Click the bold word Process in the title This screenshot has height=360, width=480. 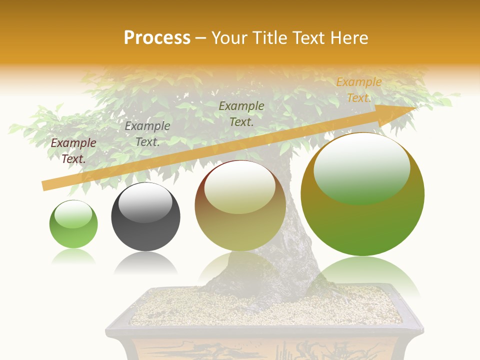click(157, 38)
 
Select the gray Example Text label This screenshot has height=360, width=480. click(147, 134)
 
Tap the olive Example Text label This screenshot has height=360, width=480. click(241, 113)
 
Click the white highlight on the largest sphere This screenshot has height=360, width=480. click(361, 160)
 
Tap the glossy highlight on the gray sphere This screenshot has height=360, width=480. click(145, 201)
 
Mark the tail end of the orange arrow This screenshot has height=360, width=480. click(45, 186)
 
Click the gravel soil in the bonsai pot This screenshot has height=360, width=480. click(260, 305)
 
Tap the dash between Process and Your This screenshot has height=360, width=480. click(200, 38)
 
